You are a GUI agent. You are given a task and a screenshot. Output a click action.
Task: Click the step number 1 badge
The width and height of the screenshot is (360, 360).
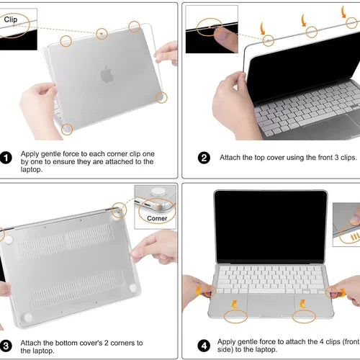(x=6, y=158)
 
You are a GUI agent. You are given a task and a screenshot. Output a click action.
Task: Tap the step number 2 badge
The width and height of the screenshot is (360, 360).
(x=204, y=158)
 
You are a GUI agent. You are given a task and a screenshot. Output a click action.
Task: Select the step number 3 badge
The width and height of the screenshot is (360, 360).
(x=6, y=346)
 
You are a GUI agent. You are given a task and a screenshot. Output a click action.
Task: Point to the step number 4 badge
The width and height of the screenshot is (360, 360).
(x=204, y=346)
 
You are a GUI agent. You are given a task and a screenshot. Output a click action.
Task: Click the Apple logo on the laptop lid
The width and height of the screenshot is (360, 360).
(x=107, y=74)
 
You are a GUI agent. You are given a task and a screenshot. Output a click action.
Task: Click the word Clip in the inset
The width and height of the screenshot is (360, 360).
(x=11, y=19)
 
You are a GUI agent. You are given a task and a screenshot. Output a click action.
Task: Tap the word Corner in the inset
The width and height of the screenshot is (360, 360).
(x=157, y=218)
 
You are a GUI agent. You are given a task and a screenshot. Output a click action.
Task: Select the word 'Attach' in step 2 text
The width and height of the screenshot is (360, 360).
(x=230, y=158)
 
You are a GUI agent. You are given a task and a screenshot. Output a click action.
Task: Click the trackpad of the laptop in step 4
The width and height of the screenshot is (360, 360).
(x=271, y=305)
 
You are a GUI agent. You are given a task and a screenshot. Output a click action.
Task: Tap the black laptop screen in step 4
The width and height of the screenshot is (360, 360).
(x=271, y=227)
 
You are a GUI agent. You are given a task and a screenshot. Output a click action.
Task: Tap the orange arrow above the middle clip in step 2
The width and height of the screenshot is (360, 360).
(x=304, y=20)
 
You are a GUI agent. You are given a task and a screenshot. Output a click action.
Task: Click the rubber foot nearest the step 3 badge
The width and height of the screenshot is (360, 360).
(x=28, y=318)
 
